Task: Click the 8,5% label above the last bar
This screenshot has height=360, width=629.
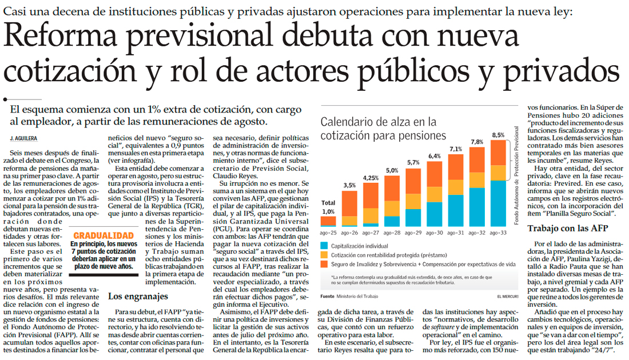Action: pos(498,135)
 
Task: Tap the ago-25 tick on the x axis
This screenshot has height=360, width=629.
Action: pos(328,233)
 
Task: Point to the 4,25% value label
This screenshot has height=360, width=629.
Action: pos(370,177)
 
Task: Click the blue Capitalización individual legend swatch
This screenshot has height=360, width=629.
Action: pos(325,245)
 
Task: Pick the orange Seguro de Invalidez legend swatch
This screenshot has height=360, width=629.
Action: pos(325,265)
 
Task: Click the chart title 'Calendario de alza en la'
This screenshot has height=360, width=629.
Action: pos(378,122)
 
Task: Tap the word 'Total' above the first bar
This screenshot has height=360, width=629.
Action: pos(328,203)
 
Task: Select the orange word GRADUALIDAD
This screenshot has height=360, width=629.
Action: pos(103,235)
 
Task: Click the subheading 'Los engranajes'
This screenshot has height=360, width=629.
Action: pos(138,296)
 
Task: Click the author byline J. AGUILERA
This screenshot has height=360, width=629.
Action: pos(23,139)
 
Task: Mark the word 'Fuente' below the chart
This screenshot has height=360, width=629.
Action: pos(327,296)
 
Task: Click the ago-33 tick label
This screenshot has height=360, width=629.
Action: pos(498,233)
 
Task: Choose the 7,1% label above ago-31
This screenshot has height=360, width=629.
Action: pos(456,149)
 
